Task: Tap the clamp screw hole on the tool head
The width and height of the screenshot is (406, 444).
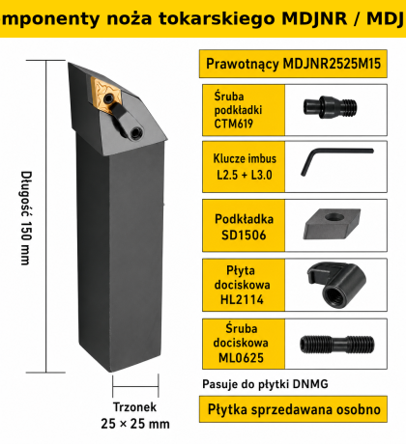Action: pyautogui.click(x=135, y=131)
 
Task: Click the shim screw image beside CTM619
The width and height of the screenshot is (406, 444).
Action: pyautogui.click(x=330, y=107)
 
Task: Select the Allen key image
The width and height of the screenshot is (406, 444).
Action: pyautogui.click(x=335, y=160)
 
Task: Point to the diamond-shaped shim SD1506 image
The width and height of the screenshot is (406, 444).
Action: pyautogui.click(x=332, y=224)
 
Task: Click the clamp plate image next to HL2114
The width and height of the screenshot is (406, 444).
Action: pyautogui.click(x=336, y=285)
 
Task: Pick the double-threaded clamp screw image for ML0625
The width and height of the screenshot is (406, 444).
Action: pyautogui.click(x=336, y=345)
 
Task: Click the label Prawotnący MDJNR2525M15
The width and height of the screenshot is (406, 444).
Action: pyautogui.click(x=293, y=64)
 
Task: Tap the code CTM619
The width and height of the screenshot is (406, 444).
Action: pyautogui.click(x=234, y=124)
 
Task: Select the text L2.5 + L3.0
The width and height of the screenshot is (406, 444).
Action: pyautogui.click(x=245, y=175)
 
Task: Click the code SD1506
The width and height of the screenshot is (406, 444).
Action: pyautogui.click(x=244, y=235)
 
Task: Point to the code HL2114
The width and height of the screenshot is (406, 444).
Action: pyautogui.click(x=242, y=299)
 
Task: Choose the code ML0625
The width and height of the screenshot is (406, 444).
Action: pyautogui.click(x=241, y=357)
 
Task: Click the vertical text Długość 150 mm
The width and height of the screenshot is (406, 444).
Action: pyautogui.click(x=26, y=218)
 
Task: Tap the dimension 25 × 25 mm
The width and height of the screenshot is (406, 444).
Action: pyautogui.click(x=135, y=424)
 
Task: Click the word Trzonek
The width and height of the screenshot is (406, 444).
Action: pyautogui.click(x=134, y=407)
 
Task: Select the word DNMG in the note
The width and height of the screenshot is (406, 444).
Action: pyautogui.click(x=310, y=384)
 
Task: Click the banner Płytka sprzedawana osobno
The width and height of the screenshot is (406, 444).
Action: pyautogui.click(x=294, y=409)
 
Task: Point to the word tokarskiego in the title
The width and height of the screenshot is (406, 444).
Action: pyautogui.click(x=217, y=18)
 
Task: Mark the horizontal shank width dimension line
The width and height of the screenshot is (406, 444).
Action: pyautogui.click(x=135, y=386)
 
